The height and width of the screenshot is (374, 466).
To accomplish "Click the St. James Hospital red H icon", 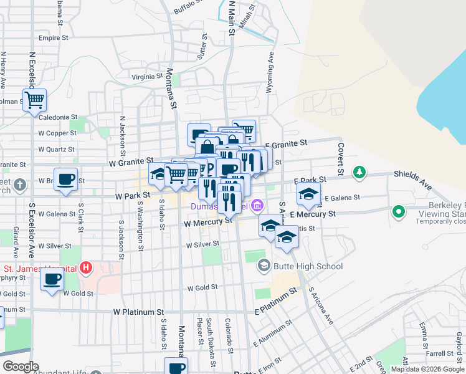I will (x=87, y=269).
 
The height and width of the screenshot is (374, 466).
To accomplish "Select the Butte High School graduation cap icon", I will (x=264, y=266).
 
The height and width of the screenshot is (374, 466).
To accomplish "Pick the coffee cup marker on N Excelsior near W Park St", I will (x=65, y=181).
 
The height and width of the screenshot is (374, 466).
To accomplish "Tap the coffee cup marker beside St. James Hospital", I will (x=52, y=278).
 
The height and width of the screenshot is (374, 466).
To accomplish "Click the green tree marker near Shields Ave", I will (x=359, y=171).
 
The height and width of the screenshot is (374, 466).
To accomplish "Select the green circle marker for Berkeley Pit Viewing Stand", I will (x=399, y=213).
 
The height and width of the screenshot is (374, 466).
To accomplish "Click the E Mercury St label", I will (x=313, y=214).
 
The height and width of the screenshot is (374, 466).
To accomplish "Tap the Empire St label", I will (x=53, y=38).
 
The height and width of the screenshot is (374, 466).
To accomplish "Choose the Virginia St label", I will (x=146, y=77).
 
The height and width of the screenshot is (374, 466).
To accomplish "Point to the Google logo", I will (x=21, y=367).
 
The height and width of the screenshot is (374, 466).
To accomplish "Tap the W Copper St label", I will (x=57, y=133).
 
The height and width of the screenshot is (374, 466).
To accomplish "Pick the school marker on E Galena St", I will (x=308, y=194).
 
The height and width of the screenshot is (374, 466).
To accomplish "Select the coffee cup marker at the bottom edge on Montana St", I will (x=176, y=367).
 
